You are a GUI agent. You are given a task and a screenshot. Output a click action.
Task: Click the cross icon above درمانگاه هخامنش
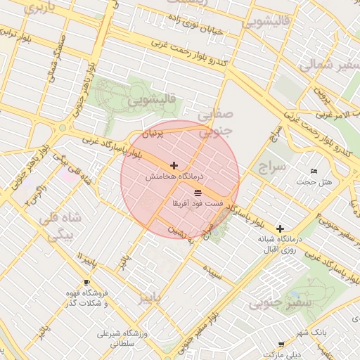(x=174, y=165)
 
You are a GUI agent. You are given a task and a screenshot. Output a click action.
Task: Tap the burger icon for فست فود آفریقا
(x=198, y=191)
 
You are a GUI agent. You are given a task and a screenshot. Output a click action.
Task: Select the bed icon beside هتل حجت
(x=314, y=172)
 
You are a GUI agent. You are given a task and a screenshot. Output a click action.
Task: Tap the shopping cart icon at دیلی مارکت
(x=281, y=345)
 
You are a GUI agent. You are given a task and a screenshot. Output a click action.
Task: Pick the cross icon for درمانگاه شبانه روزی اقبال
(x=280, y=229)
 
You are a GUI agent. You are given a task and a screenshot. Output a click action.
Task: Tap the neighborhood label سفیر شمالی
(x=330, y=65)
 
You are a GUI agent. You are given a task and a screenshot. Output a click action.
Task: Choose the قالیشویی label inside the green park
(x=150, y=100)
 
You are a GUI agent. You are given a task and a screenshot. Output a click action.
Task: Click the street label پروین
(x=321, y=91)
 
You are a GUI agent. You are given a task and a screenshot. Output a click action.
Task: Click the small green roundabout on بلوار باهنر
(x=63, y=128)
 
